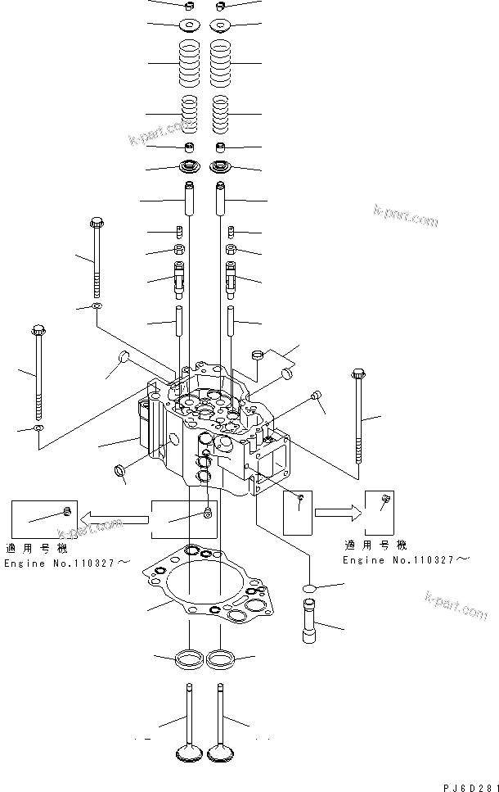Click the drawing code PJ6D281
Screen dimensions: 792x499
(470, 786)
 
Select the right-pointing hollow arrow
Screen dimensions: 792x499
(335, 514)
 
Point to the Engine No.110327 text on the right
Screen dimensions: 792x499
(406, 559)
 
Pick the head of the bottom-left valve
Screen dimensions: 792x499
(188, 753)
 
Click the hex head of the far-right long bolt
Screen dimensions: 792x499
(358, 375)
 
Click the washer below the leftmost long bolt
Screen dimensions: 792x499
(38, 428)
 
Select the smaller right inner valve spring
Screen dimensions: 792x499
(220, 113)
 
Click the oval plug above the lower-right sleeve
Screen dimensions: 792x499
(310, 587)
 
